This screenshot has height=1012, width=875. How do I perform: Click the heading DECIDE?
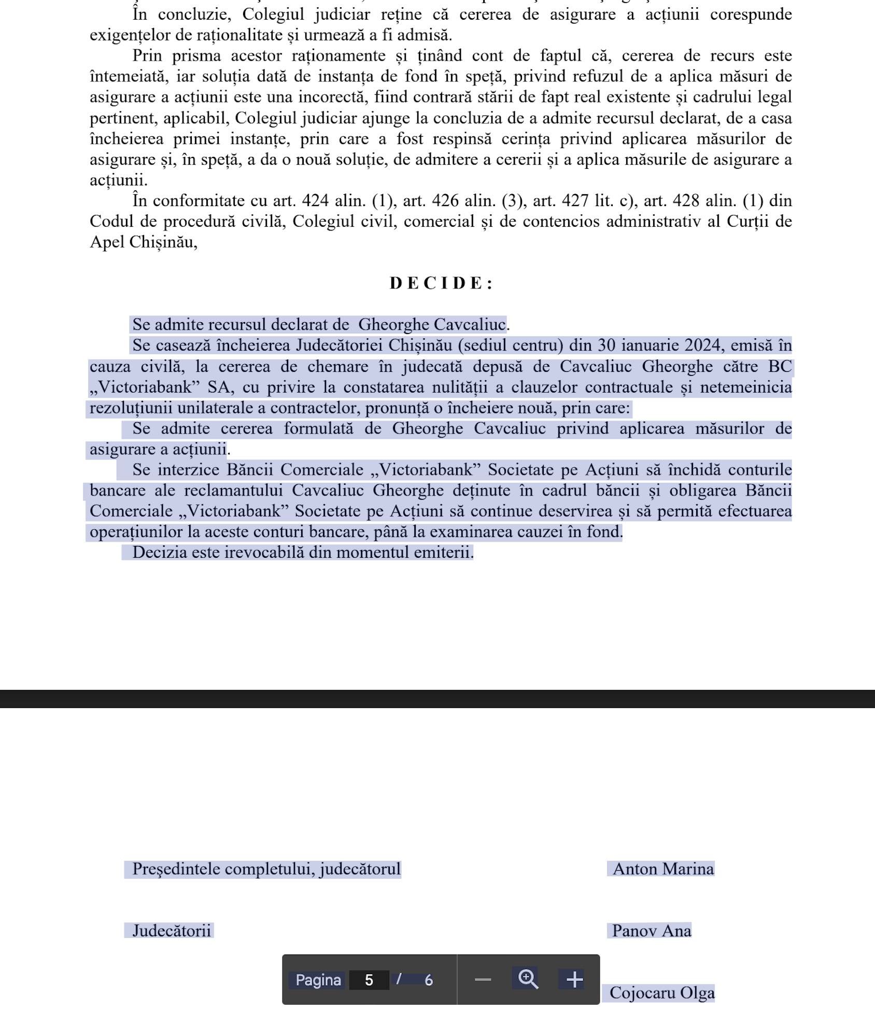(x=441, y=283)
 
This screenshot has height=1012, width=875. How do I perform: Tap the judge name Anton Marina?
(x=663, y=869)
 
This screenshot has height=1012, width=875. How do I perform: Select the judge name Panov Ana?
(x=651, y=931)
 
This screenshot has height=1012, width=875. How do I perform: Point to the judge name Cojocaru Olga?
(x=661, y=992)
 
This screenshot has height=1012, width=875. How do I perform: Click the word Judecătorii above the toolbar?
(x=172, y=931)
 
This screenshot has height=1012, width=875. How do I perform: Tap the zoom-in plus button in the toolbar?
(x=574, y=979)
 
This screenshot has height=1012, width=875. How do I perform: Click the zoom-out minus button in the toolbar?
(x=483, y=979)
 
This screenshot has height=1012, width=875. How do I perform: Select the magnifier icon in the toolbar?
(x=528, y=978)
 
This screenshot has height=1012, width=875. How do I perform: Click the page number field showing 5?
(x=369, y=980)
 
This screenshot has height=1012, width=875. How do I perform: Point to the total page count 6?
(x=429, y=980)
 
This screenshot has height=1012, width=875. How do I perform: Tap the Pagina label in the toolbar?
(x=318, y=980)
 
